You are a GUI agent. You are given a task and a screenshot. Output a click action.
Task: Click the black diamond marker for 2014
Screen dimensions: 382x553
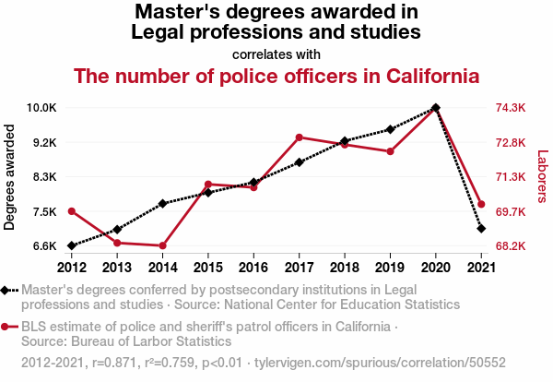pyautogui.click(x=162, y=203)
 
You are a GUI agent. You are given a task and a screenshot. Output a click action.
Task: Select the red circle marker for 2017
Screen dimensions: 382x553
pyautogui.click(x=300, y=137)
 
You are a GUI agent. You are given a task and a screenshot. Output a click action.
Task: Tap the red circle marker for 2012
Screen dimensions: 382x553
pyautogui.click(x=72, y=211)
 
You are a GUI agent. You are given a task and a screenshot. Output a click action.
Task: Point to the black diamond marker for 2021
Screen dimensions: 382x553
pyautogui.click(x=481, y=228)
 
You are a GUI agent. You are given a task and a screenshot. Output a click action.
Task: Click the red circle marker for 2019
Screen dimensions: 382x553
pyautogui.click(x=390, y=151)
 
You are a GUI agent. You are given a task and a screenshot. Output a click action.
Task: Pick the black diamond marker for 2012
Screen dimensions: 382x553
pyautogui.click(x=72, y=245)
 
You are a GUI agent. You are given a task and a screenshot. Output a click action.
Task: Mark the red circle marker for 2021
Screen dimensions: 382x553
pyautogui.click(x=481, y=204)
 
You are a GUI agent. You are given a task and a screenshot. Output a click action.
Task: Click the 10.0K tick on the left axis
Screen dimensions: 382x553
pyautogui.click(x=41, y=108)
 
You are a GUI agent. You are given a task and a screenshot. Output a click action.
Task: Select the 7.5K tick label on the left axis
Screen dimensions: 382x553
pyautogui.click(x=43, y=211)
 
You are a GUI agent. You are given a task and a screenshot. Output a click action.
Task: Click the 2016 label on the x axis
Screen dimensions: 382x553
pyautogui.click(x=253, y=268)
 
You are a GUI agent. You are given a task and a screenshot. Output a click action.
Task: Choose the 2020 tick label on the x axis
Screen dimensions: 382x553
pyautogui.click(x=435, y=268)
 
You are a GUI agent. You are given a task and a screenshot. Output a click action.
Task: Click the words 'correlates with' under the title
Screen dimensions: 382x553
pyautogui.click(x=276, y=54)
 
